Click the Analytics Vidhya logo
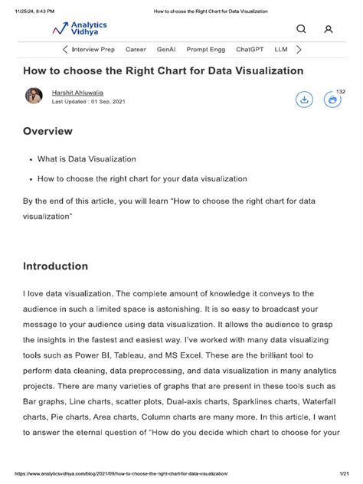pos(80,29)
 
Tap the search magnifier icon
pos(301,29)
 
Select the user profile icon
pos(329,29)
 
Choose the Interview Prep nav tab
pos(93,49)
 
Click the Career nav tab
pos(136,49)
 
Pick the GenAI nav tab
pos(166,49)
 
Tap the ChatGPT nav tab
pos(250,49)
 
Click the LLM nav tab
pos(280,49)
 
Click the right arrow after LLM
pos(299,49)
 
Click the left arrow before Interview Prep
pos(64,49)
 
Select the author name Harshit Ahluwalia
pos(83,93)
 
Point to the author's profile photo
pos(34,96)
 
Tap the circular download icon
pos(304,100)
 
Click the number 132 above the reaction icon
pos(342,91)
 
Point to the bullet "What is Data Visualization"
pos(87,159)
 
